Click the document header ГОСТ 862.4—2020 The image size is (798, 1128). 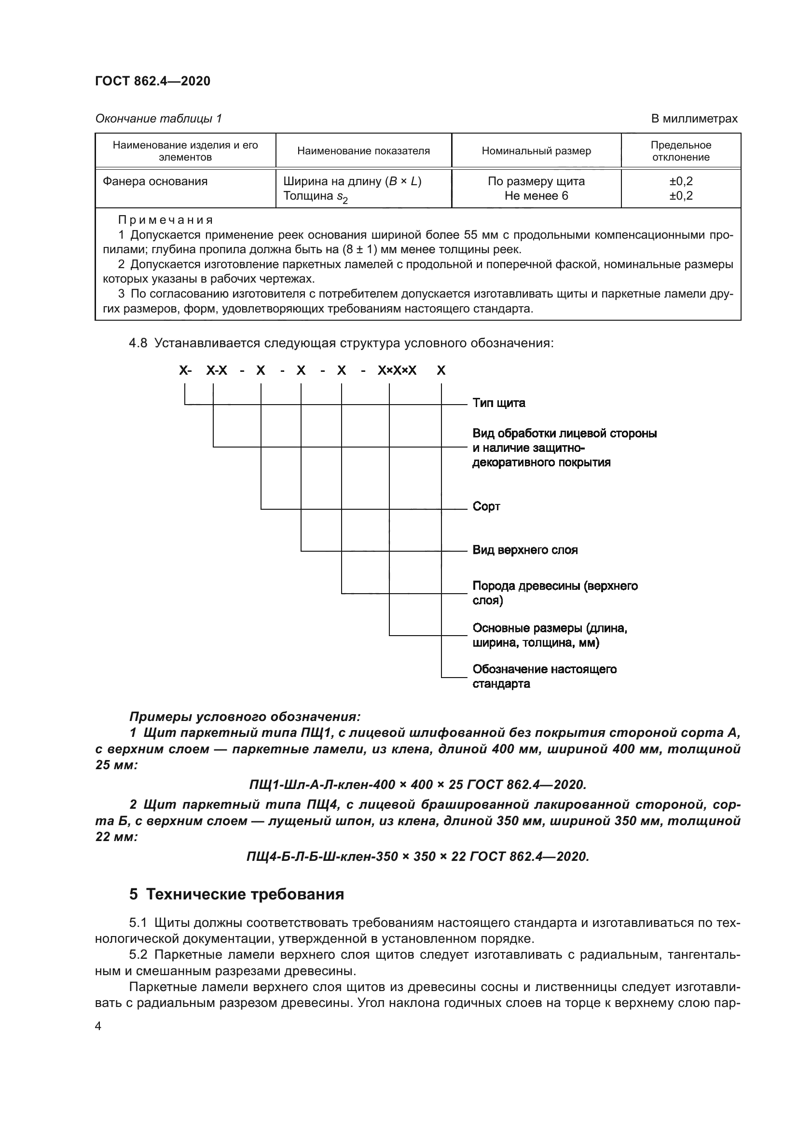point(152,81)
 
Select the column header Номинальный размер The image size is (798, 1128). point(536,151)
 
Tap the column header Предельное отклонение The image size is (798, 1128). point(681,151)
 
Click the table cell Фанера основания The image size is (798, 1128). point(155,181)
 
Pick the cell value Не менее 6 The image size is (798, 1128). point(536,196)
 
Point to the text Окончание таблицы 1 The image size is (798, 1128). point(158,119)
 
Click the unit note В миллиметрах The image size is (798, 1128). point(694,119)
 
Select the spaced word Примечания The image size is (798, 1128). point(165,219)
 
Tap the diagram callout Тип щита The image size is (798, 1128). point(498,403)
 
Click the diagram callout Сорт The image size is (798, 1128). point(486,506)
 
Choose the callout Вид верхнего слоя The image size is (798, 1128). point(525,550)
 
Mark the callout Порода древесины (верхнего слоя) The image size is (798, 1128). point(554,593)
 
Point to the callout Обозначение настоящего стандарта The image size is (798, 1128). point(544,676)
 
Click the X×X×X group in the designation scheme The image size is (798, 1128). point(397,370)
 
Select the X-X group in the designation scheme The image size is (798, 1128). point(217,370)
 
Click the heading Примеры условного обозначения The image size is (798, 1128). point(245,717)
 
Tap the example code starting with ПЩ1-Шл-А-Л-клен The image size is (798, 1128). point(418,785)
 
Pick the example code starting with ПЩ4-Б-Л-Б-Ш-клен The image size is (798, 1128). point(418,856)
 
